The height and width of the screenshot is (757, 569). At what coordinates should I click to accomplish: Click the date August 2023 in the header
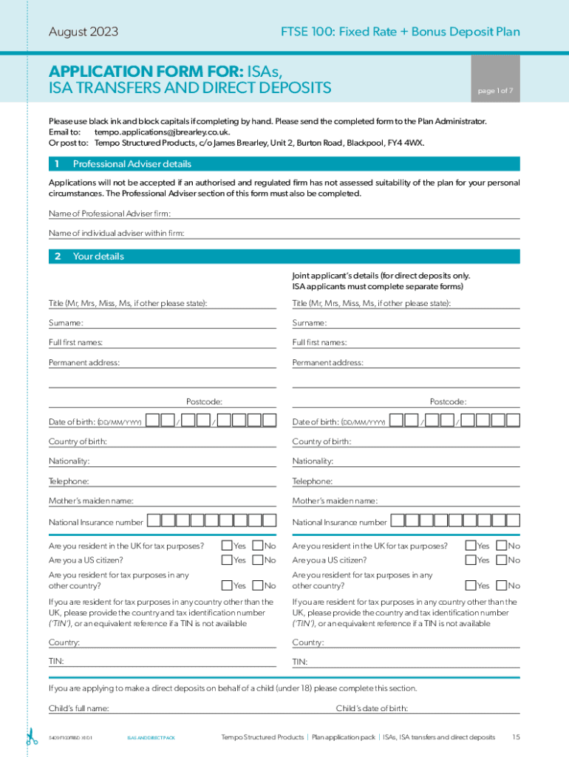(84, 32)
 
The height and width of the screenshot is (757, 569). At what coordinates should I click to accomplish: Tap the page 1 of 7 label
(495, 91)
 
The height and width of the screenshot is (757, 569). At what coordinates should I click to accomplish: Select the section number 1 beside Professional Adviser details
(57, 164)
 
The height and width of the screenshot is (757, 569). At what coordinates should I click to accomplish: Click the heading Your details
(98, 257)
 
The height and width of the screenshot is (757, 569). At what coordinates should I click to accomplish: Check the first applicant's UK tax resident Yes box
(227, 546)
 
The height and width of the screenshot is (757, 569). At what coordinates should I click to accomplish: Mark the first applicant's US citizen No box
(258, 560)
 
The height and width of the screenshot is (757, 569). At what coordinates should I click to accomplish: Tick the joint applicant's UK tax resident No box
(501, 546)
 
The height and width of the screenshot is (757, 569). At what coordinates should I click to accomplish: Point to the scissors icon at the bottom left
(32, 737)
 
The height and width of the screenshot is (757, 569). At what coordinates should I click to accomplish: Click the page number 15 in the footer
(516, 737)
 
